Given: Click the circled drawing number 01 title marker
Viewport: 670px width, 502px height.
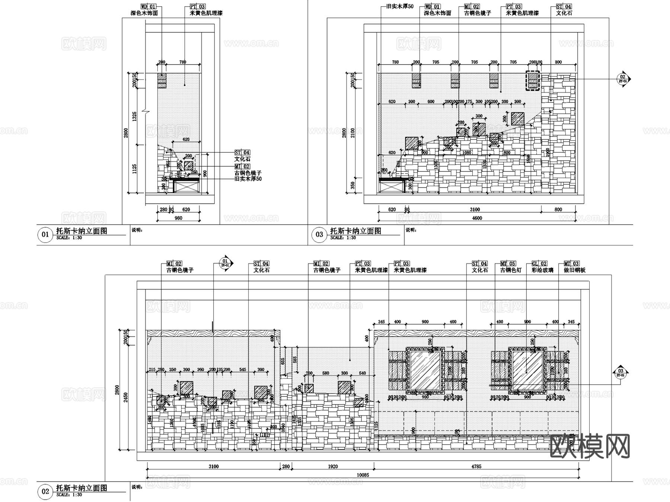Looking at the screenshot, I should (45, 234).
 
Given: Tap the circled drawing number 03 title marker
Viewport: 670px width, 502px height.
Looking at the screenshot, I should (319, 234).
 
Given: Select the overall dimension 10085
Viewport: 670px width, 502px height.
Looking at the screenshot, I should (363, 475).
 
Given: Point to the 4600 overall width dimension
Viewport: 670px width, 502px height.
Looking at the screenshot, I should (477, 218).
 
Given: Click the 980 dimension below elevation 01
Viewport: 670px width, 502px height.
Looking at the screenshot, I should (178, 218).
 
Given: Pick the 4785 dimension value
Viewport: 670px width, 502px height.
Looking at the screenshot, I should (476, 467).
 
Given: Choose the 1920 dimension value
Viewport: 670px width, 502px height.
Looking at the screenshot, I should (333, 467).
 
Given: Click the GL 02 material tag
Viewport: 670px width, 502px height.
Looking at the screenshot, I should (539, 263).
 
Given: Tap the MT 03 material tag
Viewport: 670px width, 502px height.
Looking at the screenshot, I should (571, 263).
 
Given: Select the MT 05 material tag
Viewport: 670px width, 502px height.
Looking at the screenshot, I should (508, 263).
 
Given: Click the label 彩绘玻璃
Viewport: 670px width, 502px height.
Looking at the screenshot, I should (542, 270).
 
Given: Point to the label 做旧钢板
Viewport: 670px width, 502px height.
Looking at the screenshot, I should (574, 270).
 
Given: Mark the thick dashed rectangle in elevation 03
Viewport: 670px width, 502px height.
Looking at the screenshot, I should (533, 80).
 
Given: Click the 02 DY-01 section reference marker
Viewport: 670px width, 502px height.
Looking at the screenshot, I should (623, 79).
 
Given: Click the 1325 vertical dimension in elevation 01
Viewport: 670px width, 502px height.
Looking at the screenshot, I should (135, 116).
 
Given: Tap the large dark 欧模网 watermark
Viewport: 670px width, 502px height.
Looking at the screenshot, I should (590, 446).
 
